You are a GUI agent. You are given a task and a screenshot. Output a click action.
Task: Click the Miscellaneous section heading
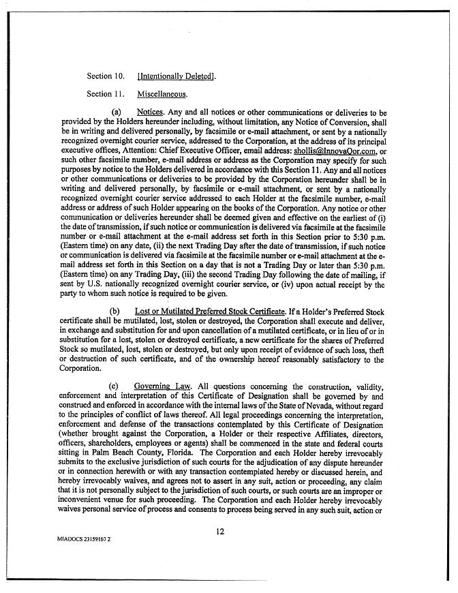pyautogui.click(x=162, y=94)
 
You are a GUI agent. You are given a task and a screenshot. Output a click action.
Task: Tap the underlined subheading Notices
pyautogui.click(x=149, y=112)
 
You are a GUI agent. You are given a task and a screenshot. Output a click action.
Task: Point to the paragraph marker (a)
pyautogui.click(x=115, y=112)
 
